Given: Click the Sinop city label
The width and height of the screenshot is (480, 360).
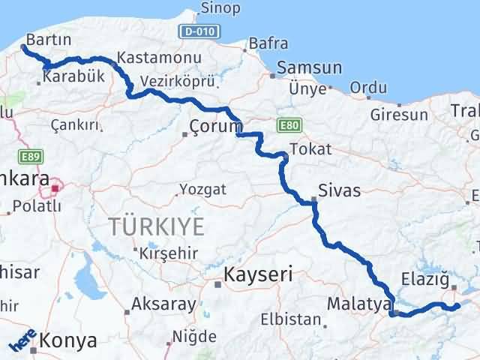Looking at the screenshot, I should (x=220, y=9).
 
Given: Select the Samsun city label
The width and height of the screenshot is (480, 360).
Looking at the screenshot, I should (x=309, y=67).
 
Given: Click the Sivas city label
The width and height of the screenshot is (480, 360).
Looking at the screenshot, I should (x=339, y=190).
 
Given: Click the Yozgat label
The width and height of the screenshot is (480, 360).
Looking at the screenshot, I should (x=202, y=189).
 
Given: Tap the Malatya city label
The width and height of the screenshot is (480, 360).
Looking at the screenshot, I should (x=359, y=304).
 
